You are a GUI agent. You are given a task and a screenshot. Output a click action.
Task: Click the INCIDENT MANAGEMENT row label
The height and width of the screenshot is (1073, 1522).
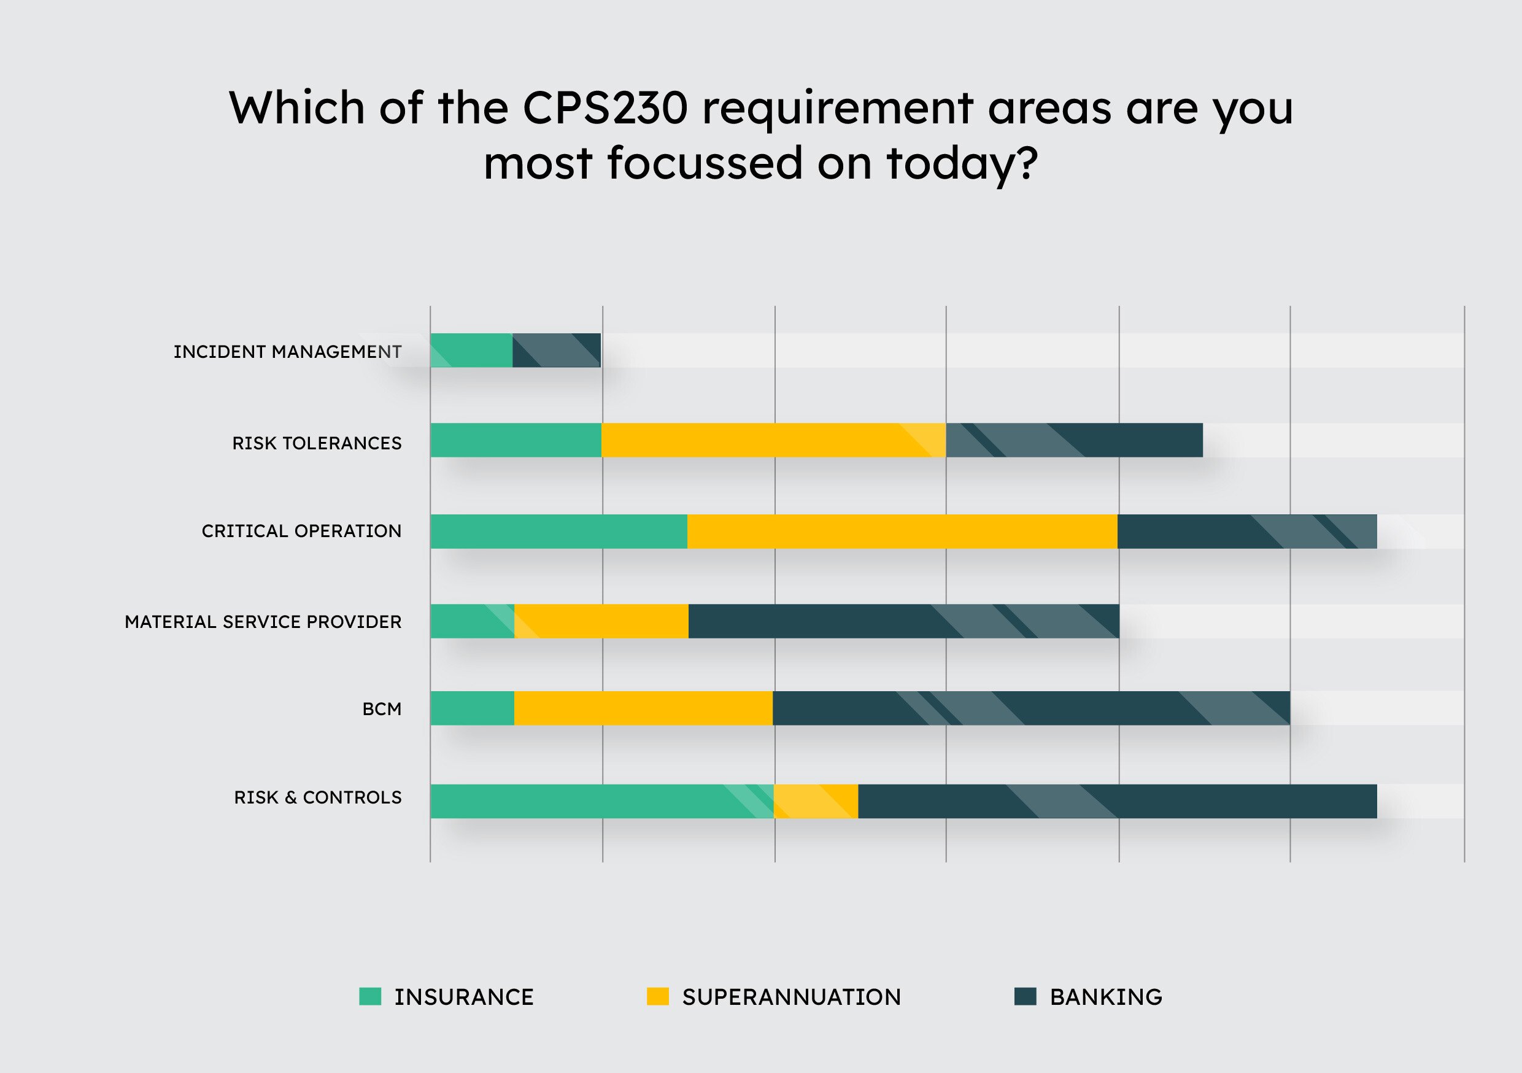pyautogui.click(x=287, y=352)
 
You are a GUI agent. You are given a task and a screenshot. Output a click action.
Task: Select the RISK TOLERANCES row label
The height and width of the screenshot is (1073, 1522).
pyautogui.click(x=316, y=443)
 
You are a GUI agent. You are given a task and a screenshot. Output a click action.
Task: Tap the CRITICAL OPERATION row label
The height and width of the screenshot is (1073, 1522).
pyautogui.click(x=301, y=531)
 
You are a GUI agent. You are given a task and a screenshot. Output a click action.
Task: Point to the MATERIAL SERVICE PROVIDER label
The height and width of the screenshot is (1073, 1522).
pyautogui.click(x=263, y=622)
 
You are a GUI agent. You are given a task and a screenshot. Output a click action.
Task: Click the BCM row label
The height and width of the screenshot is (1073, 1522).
pyautogui.click(x=381, y=710)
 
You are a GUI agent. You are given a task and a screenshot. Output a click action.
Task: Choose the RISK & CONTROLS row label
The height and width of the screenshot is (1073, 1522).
pyautogui.click(x=317, y=798)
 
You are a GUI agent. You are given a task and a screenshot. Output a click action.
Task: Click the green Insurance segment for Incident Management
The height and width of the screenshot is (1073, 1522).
pyautogui.click(x=471, y=350)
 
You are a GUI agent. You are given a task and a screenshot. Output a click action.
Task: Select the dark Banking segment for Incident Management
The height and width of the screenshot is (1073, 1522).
pyautogui.click(x=556, y=350)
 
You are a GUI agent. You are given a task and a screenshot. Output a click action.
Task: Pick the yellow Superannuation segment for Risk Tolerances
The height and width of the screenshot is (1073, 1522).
pyautogui.click(x=773, y=440)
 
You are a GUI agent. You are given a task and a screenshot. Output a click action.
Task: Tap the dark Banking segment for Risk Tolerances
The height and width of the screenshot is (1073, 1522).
pyautogui.click(x=1074, y=440)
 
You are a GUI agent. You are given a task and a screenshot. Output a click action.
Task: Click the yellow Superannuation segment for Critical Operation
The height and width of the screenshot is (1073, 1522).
pyautogui.click(x=902, y=531)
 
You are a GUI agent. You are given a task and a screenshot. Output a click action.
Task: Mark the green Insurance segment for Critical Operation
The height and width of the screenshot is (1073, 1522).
pyautogui.click(x=558, y=531)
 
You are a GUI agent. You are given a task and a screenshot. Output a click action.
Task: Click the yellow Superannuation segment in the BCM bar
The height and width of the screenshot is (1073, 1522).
pyautogui.click(x=643, y=708)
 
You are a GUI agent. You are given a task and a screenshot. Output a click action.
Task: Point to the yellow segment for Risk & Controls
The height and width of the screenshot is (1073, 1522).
pyautogui.click(x=816, y=801)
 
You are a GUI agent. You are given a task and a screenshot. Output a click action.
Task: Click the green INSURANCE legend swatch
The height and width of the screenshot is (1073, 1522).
pyautogui.click(x=370, y=997)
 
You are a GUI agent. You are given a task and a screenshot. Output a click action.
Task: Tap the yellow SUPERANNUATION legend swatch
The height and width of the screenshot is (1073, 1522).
pyautogui.click(x=657, y=997)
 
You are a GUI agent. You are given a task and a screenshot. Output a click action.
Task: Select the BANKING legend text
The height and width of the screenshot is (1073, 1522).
pyautogui.click(x=1106, y=997)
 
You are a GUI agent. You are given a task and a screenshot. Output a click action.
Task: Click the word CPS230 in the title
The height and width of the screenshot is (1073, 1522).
pyautogui.click(x=605, y=107)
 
